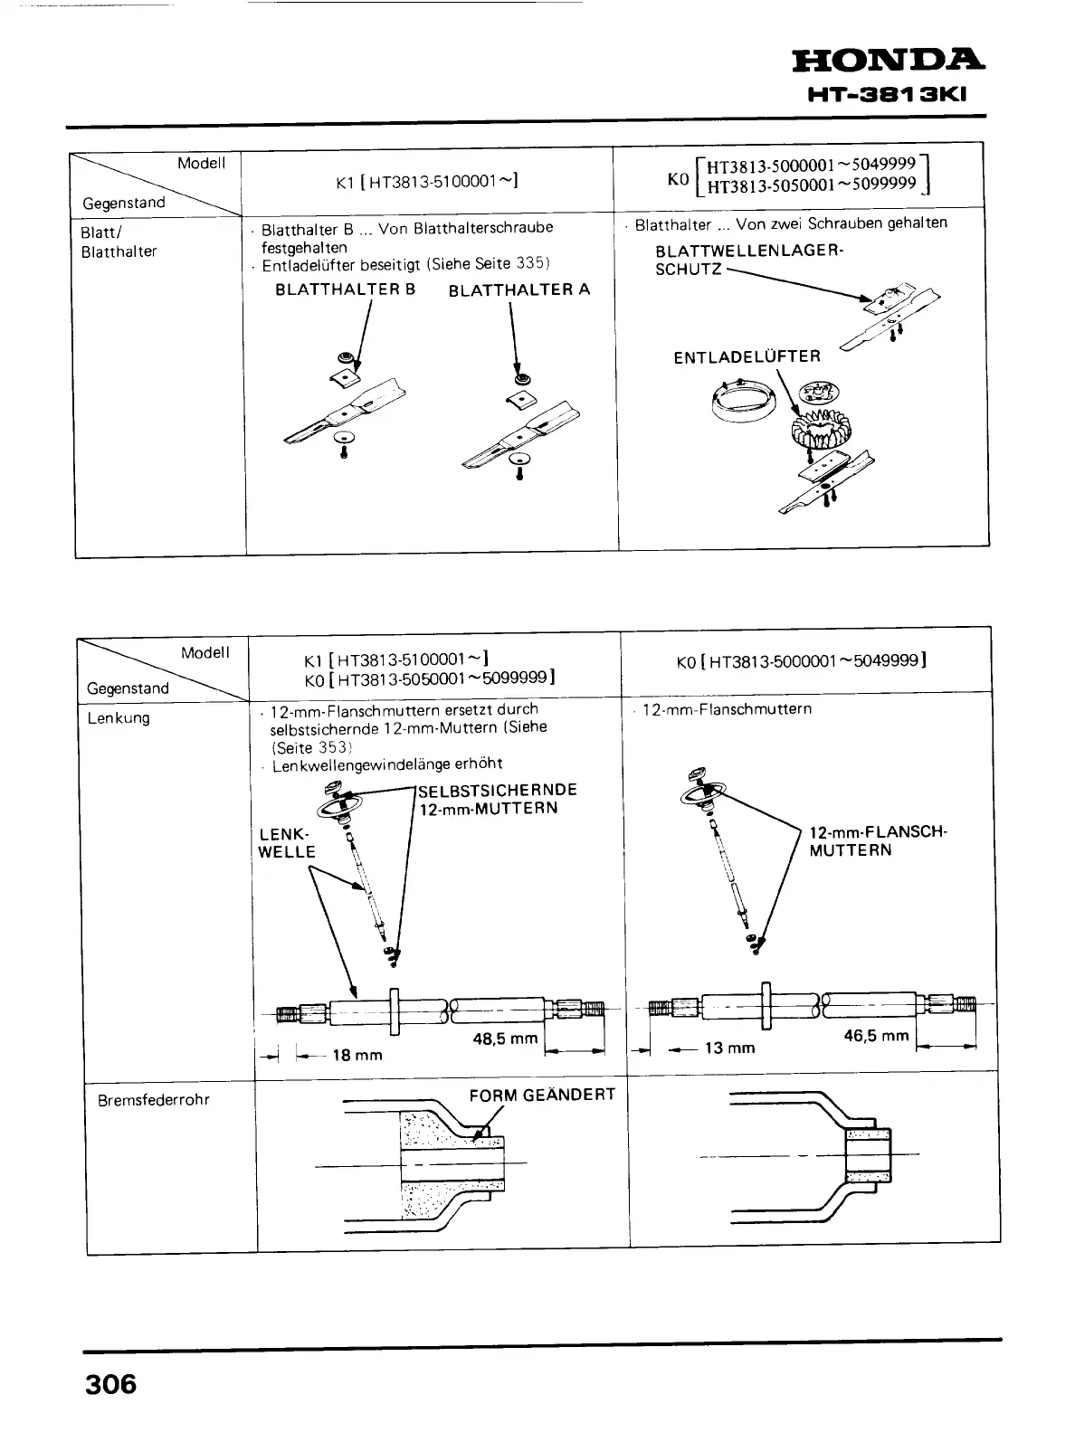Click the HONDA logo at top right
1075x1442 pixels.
888,62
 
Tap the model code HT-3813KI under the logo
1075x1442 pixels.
888,95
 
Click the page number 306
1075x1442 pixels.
109,1384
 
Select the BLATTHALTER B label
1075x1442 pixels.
346,289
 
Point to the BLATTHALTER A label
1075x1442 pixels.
518,289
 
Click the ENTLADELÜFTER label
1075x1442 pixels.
747,357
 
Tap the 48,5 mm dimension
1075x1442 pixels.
505,1039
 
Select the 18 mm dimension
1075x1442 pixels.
357,1055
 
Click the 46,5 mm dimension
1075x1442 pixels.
876,1036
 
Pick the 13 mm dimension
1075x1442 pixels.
729,1048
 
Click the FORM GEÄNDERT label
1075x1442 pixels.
542,1095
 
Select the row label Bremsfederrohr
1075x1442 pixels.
153,1100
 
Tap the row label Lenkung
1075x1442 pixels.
119,718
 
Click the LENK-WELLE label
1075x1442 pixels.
286,842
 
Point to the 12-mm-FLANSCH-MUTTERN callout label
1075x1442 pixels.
877,841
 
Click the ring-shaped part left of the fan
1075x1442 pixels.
747,400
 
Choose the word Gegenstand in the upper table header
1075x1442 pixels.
124,203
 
